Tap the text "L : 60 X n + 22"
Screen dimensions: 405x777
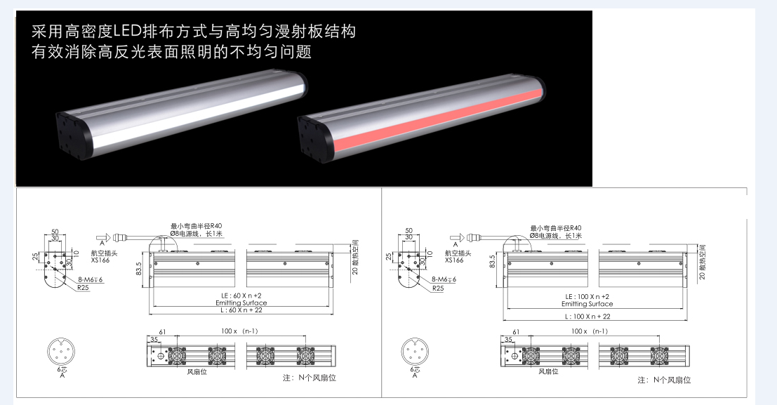click(241, 310)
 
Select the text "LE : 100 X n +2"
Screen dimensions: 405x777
click(587, 297)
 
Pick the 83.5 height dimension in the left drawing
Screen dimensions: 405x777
click(139, 270)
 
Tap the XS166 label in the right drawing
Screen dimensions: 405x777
click(454, 260)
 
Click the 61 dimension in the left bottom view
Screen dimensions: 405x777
click(161, 331)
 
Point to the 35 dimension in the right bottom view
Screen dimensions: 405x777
click(507, 339)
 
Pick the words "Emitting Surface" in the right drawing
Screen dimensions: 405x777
click(587, 304)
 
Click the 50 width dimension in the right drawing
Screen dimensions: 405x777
click(409, 230)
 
